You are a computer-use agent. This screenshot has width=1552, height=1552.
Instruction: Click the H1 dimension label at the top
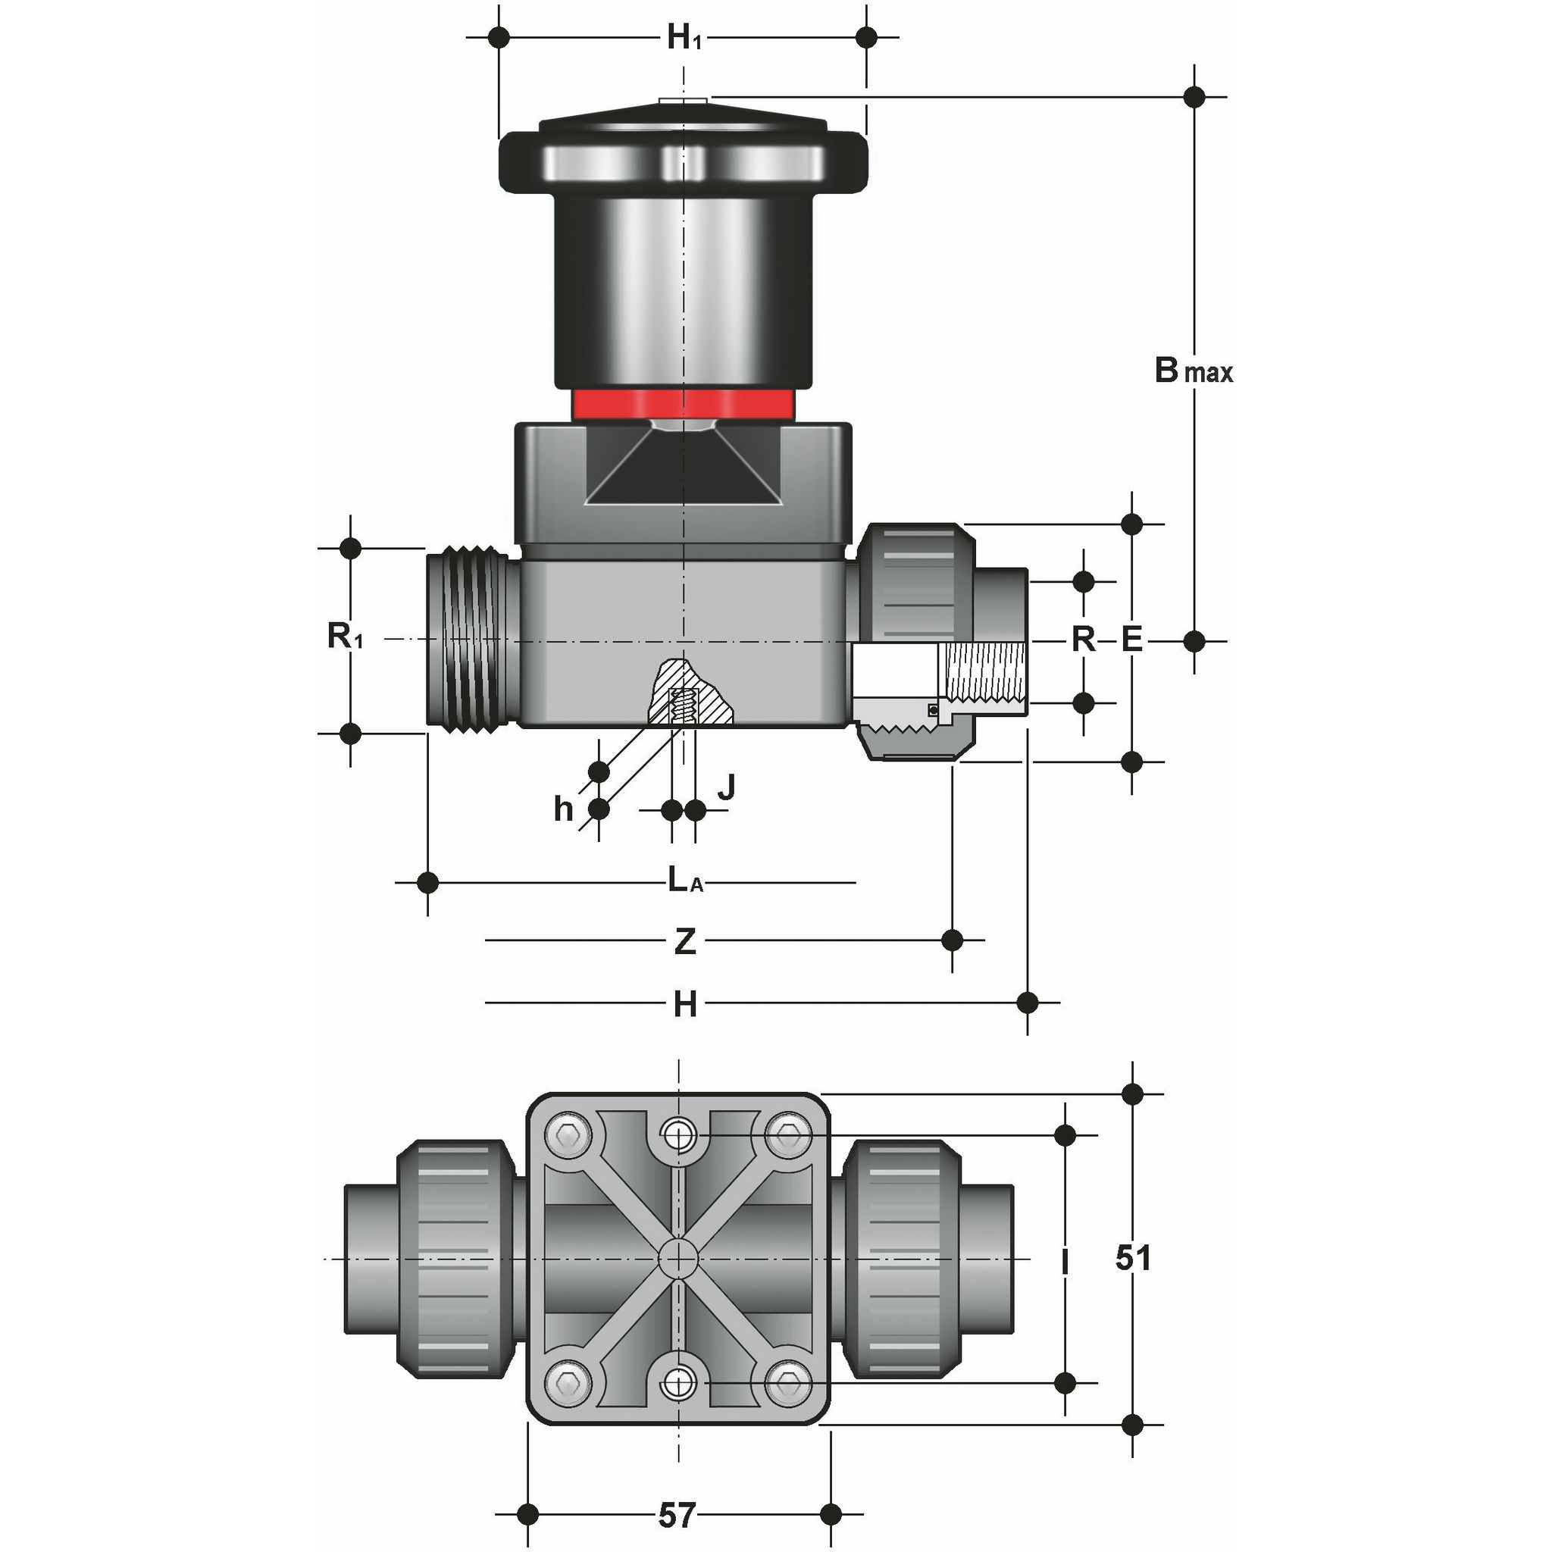(684, 37)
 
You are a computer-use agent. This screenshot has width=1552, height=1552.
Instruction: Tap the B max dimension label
(1193, 371)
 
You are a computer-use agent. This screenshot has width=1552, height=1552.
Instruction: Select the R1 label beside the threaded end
(345, 637)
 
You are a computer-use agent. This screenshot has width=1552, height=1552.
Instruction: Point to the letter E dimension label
(1131, 640)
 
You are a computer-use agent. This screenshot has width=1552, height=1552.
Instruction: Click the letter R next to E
(1083, 640)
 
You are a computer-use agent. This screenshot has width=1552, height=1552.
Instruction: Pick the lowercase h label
(563, 809)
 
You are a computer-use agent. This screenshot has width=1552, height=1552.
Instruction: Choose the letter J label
(725, 787)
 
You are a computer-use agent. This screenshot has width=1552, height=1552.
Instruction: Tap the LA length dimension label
(685, 881)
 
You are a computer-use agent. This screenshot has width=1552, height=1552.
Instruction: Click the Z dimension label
(684, 940)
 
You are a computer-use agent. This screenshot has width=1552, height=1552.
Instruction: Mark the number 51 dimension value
(1133, 1257)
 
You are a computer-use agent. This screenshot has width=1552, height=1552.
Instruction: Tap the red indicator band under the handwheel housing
(683, 404)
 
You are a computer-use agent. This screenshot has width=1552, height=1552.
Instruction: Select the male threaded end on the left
(472, 640)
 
